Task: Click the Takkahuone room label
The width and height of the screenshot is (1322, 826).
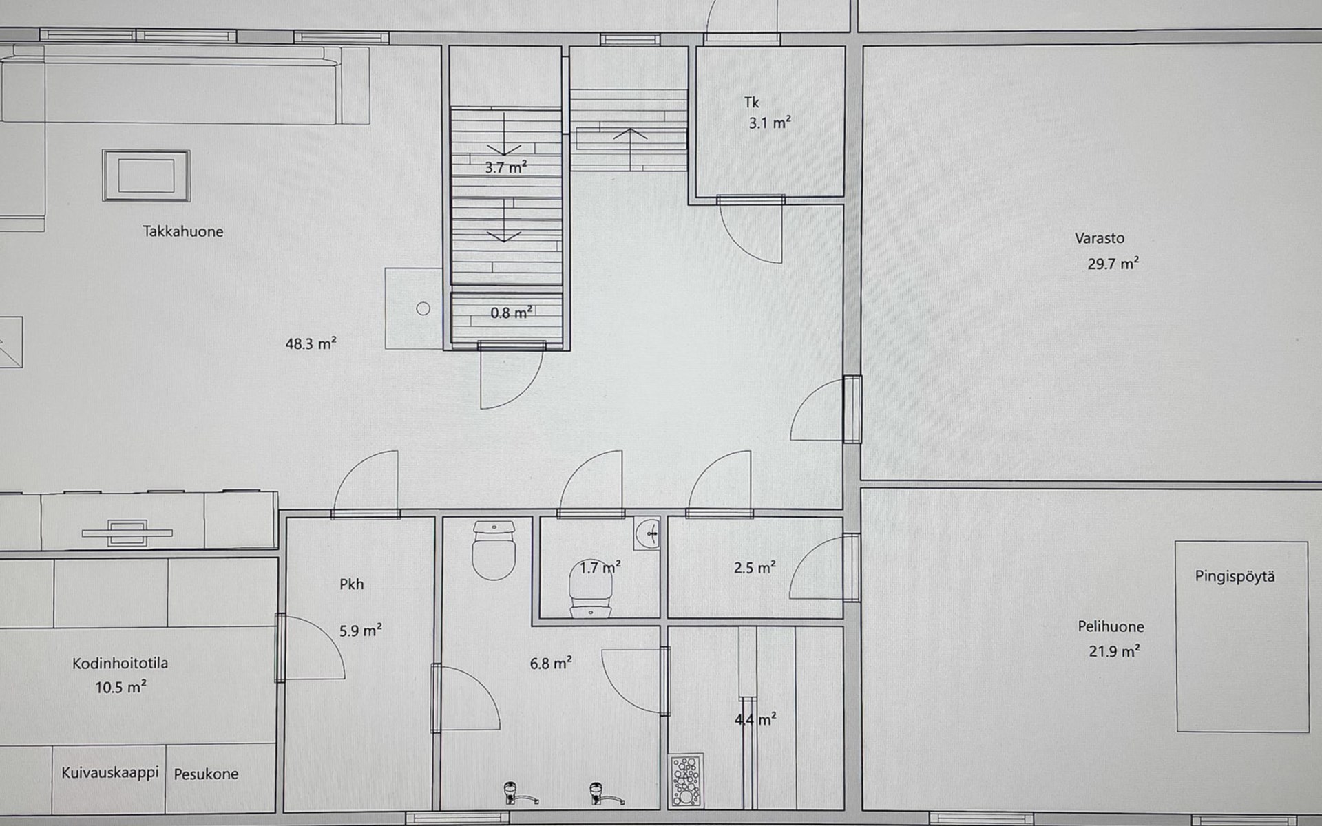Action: tap(183, 231)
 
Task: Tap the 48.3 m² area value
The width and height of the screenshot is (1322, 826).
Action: tap(311, 343)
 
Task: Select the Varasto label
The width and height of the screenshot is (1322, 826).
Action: tap(1100, 238)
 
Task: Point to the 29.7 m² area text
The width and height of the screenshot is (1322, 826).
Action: tap(1113, 263)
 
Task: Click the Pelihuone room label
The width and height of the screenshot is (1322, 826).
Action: tap(1111, 626)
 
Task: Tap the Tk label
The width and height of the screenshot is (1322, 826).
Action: tap(751, 103)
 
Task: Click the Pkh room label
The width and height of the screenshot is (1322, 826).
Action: tap(351, 584)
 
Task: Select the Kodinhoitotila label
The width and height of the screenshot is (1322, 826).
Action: tap(120, 664)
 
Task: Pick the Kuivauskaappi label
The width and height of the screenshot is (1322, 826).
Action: tap(110, 773)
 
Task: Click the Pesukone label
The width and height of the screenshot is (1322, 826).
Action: tap(206, 774)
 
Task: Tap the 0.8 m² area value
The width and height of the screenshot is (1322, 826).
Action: tap(511, 313)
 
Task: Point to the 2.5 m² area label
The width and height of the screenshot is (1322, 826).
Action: tap(755, 568)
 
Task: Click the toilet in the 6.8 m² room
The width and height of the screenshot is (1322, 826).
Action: tap(494, 549)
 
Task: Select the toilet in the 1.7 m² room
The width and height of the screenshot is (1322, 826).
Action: tap(590, 594)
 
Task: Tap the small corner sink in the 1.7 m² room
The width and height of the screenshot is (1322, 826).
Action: tap(647, 532)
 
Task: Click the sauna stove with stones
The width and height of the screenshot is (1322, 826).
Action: tap(686, 781)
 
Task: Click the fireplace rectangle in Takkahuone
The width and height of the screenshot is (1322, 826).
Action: tap(146, 176)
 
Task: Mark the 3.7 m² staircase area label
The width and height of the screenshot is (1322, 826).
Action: tap(506, 167)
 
